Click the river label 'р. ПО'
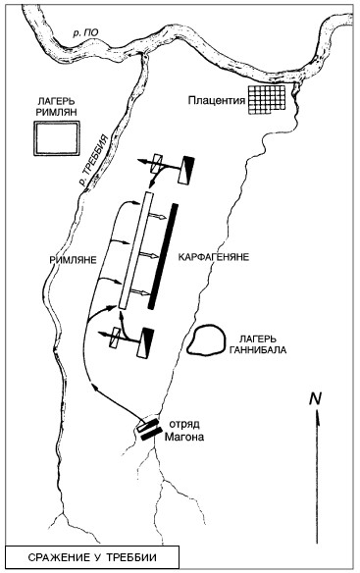pyautogui.click(x=85, y=33)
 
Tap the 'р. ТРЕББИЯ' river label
pyautogui.click(x=94, y=160)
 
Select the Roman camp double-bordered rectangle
pyautogui.click(x=57, y=138)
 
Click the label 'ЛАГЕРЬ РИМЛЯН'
pyautogui.click(x=56, y=106)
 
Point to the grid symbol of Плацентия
pyautogui.click(x=267, y=99)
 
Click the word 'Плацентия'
pyautogui.click(x=217, y=100)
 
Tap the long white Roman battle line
pyautogui.click(x=134, y=251)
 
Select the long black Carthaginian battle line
pyautogui.click(x=164, y=256)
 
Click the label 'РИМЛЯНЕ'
pyautogui.click(x=74, y=260)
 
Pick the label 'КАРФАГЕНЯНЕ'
pyautogui.click(x=214, y=256)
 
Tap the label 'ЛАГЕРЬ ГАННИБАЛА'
pyautogui.click(x=257, y=344)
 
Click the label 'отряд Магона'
pyautogui.click(x=183, y=431)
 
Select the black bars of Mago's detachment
pyautogui.click(x=149, y=430)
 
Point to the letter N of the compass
pyautogui.click(x=315, y=398)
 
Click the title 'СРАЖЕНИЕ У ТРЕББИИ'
pyautogui.click(x=92, y=557)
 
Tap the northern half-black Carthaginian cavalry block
pyautogui.click(x=186, y=170)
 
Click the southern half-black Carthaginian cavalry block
pyautogui.click(x=145, y=342)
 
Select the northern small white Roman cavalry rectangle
pyautogui.click(x=157, y=163)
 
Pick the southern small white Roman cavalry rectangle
pyautogui.click(x=116, y=339)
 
